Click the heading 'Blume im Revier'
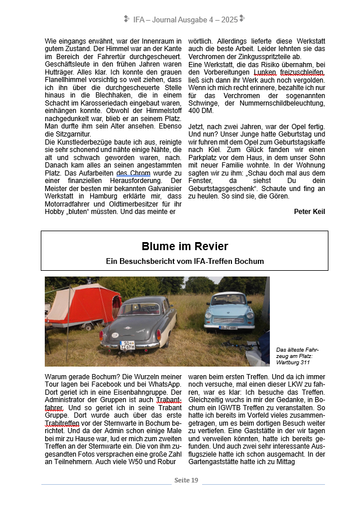pos(184,246)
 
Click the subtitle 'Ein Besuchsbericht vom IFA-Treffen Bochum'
pos(184,261)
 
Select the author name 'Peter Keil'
pos(309,211)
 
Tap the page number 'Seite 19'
pos(187,480)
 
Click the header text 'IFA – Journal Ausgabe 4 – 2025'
pos(185,20)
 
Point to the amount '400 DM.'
pos(202,110)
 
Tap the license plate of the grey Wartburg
pos(127,345)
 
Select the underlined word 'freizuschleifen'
pos(304,73)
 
